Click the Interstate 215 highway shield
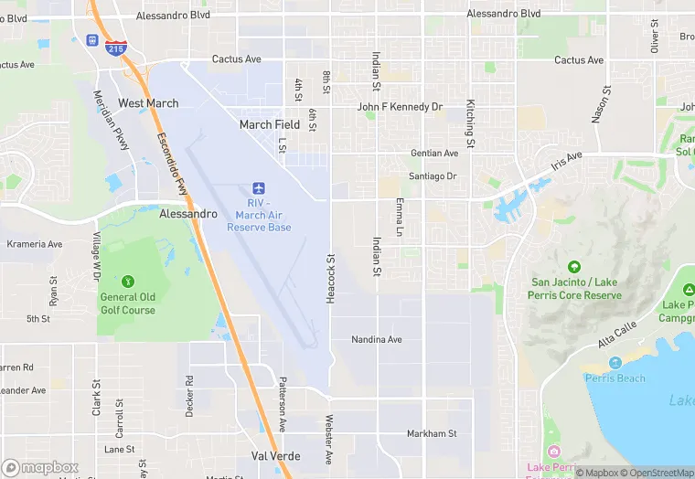[x=115, y=48]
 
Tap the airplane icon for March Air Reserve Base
[x=259, y=186]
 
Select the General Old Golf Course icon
[x=127, y=280]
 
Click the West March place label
[x=148, y=103]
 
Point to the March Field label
[x=270, y=124]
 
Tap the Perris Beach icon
[x=615, y=364]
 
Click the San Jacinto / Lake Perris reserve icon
[x=574, y=267]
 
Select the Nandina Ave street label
[x=377, y=340]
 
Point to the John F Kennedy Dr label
[x=400, y=107]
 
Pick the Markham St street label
[x=432, y=433]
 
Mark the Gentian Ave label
[x=434, y=154]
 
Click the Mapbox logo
[x=40, y=467]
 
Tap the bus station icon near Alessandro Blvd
[x=92, y=41]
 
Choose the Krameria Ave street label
[x=35, y=245]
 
